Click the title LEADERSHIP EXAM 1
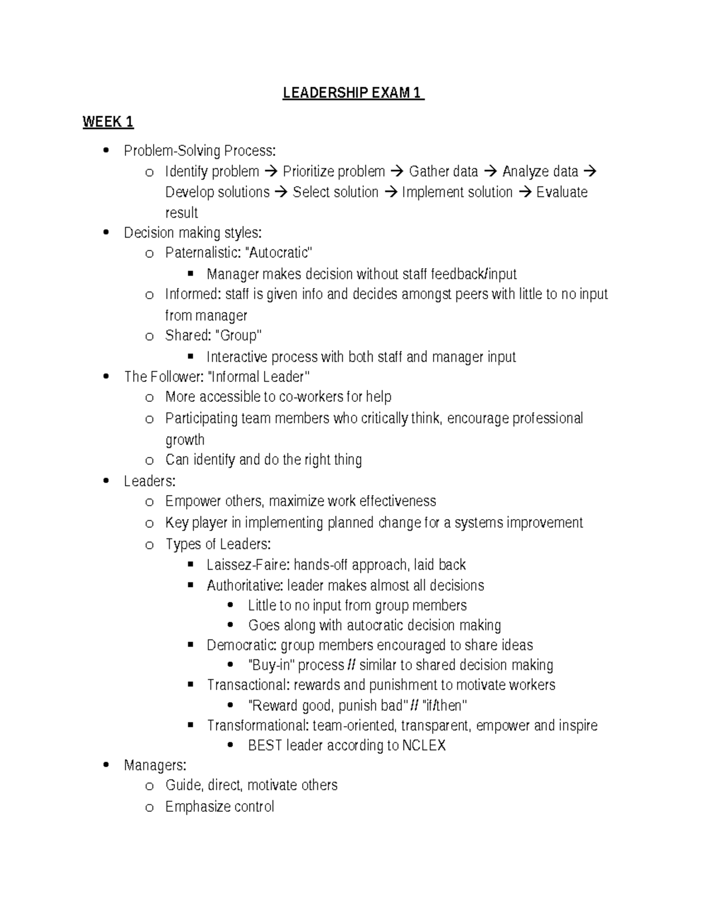[353, 93]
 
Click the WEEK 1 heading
[108, 122]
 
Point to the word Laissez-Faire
[248, 565]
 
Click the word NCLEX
[424, 746]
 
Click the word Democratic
[242, 645]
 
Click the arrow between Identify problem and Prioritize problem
[270, 172]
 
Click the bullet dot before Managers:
[106, 765]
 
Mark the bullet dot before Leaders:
[106, 481]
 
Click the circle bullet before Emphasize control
[149, 808]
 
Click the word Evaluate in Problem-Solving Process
[561, 192]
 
